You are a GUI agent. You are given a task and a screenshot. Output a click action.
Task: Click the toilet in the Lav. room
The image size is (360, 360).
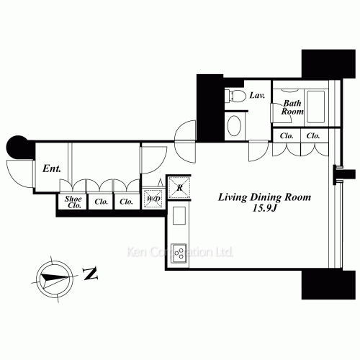235,96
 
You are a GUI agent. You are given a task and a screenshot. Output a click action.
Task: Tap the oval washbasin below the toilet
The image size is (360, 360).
234,126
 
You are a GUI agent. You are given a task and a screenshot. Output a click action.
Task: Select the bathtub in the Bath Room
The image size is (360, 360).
315,107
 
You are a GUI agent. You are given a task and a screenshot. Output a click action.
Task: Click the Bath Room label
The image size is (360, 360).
292,107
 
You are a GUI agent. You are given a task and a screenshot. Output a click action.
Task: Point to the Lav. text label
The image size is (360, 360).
257,95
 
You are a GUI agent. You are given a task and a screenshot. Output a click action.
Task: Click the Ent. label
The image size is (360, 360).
52,168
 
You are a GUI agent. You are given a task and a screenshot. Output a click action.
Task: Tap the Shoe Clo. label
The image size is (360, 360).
73,202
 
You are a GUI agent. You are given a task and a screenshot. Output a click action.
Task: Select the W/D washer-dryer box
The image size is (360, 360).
153,199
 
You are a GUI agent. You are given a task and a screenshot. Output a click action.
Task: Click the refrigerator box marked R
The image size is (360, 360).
179,187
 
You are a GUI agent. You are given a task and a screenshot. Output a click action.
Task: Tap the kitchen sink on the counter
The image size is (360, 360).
179,215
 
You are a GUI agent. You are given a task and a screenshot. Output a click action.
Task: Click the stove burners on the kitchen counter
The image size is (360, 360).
179,253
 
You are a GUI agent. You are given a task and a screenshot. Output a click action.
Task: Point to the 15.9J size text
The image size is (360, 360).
265,208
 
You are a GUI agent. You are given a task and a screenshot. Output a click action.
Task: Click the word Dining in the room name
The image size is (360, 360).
266,197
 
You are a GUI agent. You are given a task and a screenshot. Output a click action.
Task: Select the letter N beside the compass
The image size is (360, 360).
90,274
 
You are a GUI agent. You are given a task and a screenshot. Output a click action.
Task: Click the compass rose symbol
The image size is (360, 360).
55,279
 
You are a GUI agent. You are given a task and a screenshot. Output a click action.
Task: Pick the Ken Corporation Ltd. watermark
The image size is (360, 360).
179,252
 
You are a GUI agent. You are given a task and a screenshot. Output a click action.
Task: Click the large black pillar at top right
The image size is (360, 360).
328,63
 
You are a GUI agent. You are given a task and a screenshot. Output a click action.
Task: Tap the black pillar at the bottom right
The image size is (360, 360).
328,285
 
